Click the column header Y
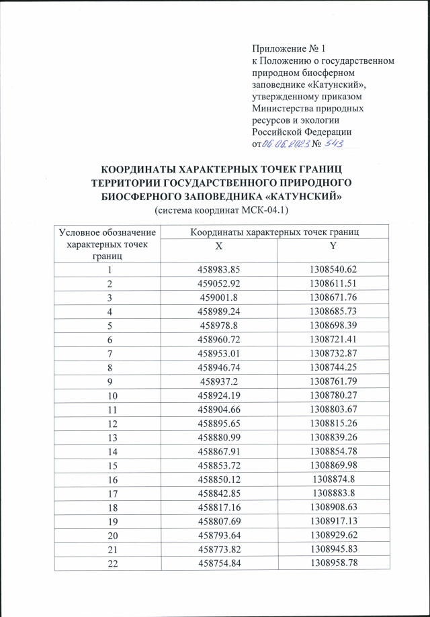click(333, 246)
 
